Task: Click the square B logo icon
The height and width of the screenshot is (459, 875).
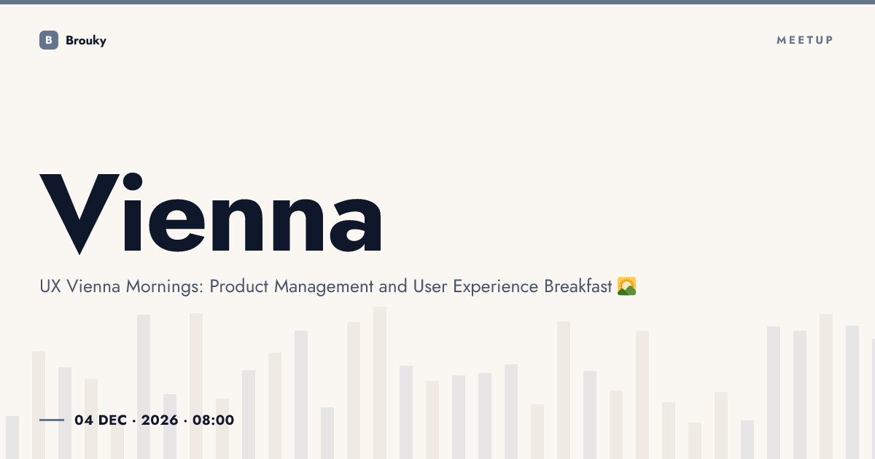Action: (49, 40)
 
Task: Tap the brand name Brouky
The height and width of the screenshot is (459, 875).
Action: (86, 41)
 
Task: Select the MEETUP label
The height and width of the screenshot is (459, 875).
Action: (805, 40)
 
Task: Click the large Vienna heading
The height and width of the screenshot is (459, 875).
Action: (211, 213)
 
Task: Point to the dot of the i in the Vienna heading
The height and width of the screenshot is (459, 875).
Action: (133, 182)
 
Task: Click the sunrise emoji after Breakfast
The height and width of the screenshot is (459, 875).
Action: (626, 286)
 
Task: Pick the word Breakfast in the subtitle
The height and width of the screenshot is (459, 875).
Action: (577, 286)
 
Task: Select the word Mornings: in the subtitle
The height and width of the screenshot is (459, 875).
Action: (165, 287)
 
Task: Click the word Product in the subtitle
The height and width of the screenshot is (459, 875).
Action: (239, 286)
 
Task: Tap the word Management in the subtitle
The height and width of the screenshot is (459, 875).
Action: (324, 287)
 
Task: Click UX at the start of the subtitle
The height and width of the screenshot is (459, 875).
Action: (50, 286)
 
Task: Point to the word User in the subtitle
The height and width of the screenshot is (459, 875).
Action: (430, 286)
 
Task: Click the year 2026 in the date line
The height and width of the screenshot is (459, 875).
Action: (160, 420)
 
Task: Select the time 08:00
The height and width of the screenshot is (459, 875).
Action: (213, 420)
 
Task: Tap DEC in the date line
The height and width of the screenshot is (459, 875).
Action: (112, 420)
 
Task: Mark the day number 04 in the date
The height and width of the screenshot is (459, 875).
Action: (84, 420)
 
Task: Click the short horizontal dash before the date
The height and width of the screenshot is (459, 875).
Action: (52, 420)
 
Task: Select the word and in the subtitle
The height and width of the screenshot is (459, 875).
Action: (393, 286)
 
